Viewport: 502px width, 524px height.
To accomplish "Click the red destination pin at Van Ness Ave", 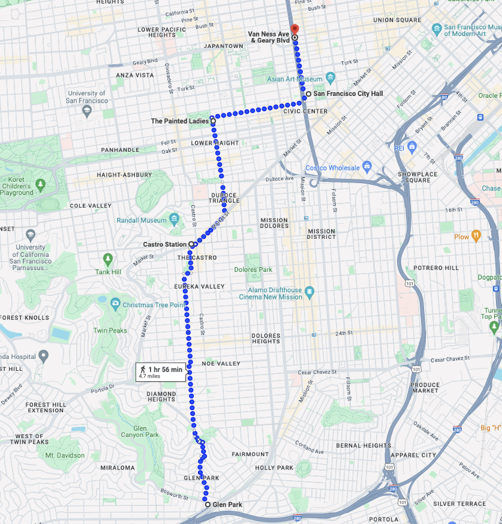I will [294, 29].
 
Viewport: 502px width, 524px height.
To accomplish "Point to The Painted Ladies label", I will [179, 121].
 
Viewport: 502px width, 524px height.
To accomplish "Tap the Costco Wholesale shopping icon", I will [367, 167].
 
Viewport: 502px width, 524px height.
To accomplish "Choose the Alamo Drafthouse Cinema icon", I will [309, 292].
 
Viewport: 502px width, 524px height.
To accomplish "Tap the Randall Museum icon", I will [174, 220].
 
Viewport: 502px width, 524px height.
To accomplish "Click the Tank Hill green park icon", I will [108, 259].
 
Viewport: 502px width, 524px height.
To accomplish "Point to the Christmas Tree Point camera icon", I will [115, 304].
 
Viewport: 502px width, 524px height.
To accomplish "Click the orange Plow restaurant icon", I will [476, 236].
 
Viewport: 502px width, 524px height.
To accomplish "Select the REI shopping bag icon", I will [411, 147].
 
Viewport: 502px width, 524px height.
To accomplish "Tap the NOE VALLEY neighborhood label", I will [221, 364].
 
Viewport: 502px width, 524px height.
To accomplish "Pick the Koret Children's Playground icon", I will [40, 184].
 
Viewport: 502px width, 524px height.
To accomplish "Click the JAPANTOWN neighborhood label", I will [223, 46].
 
